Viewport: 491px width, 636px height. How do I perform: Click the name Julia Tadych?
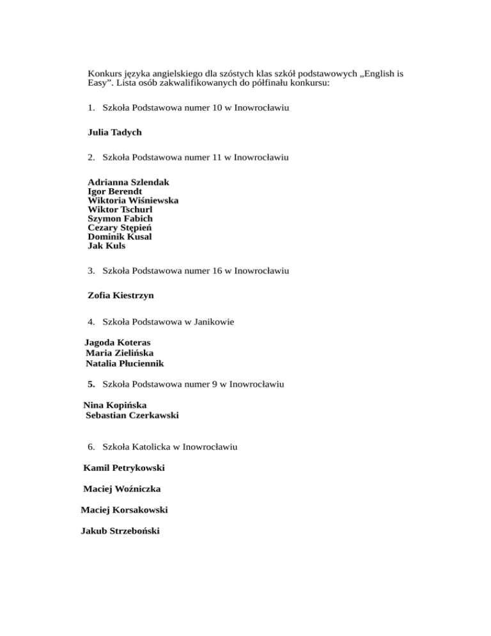[x=114, y=132]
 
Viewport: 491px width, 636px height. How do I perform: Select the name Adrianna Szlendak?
[x=129, y=182]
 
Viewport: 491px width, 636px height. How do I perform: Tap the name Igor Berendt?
[x=114, y=191]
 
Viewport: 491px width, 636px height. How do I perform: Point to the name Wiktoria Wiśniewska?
[x=133, y=200]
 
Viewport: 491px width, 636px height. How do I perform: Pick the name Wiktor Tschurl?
[x=120, y=209]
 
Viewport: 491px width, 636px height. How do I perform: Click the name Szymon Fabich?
[x=120, y=218]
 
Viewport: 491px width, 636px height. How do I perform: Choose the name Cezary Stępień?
[x=120, y=227]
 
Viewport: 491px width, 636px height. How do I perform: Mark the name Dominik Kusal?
[x=120, y=236]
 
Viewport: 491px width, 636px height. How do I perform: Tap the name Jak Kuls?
[x=106, y=245]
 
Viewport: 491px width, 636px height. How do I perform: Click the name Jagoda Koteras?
[x=118, y=342]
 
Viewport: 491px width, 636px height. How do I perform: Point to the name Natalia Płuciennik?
[x=125, y=363]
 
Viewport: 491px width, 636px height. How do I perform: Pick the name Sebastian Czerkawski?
[x=132, y=415]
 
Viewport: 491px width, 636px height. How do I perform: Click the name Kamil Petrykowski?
[x=120, y=468]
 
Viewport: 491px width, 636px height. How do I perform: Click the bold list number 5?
[x=91, y=385]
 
